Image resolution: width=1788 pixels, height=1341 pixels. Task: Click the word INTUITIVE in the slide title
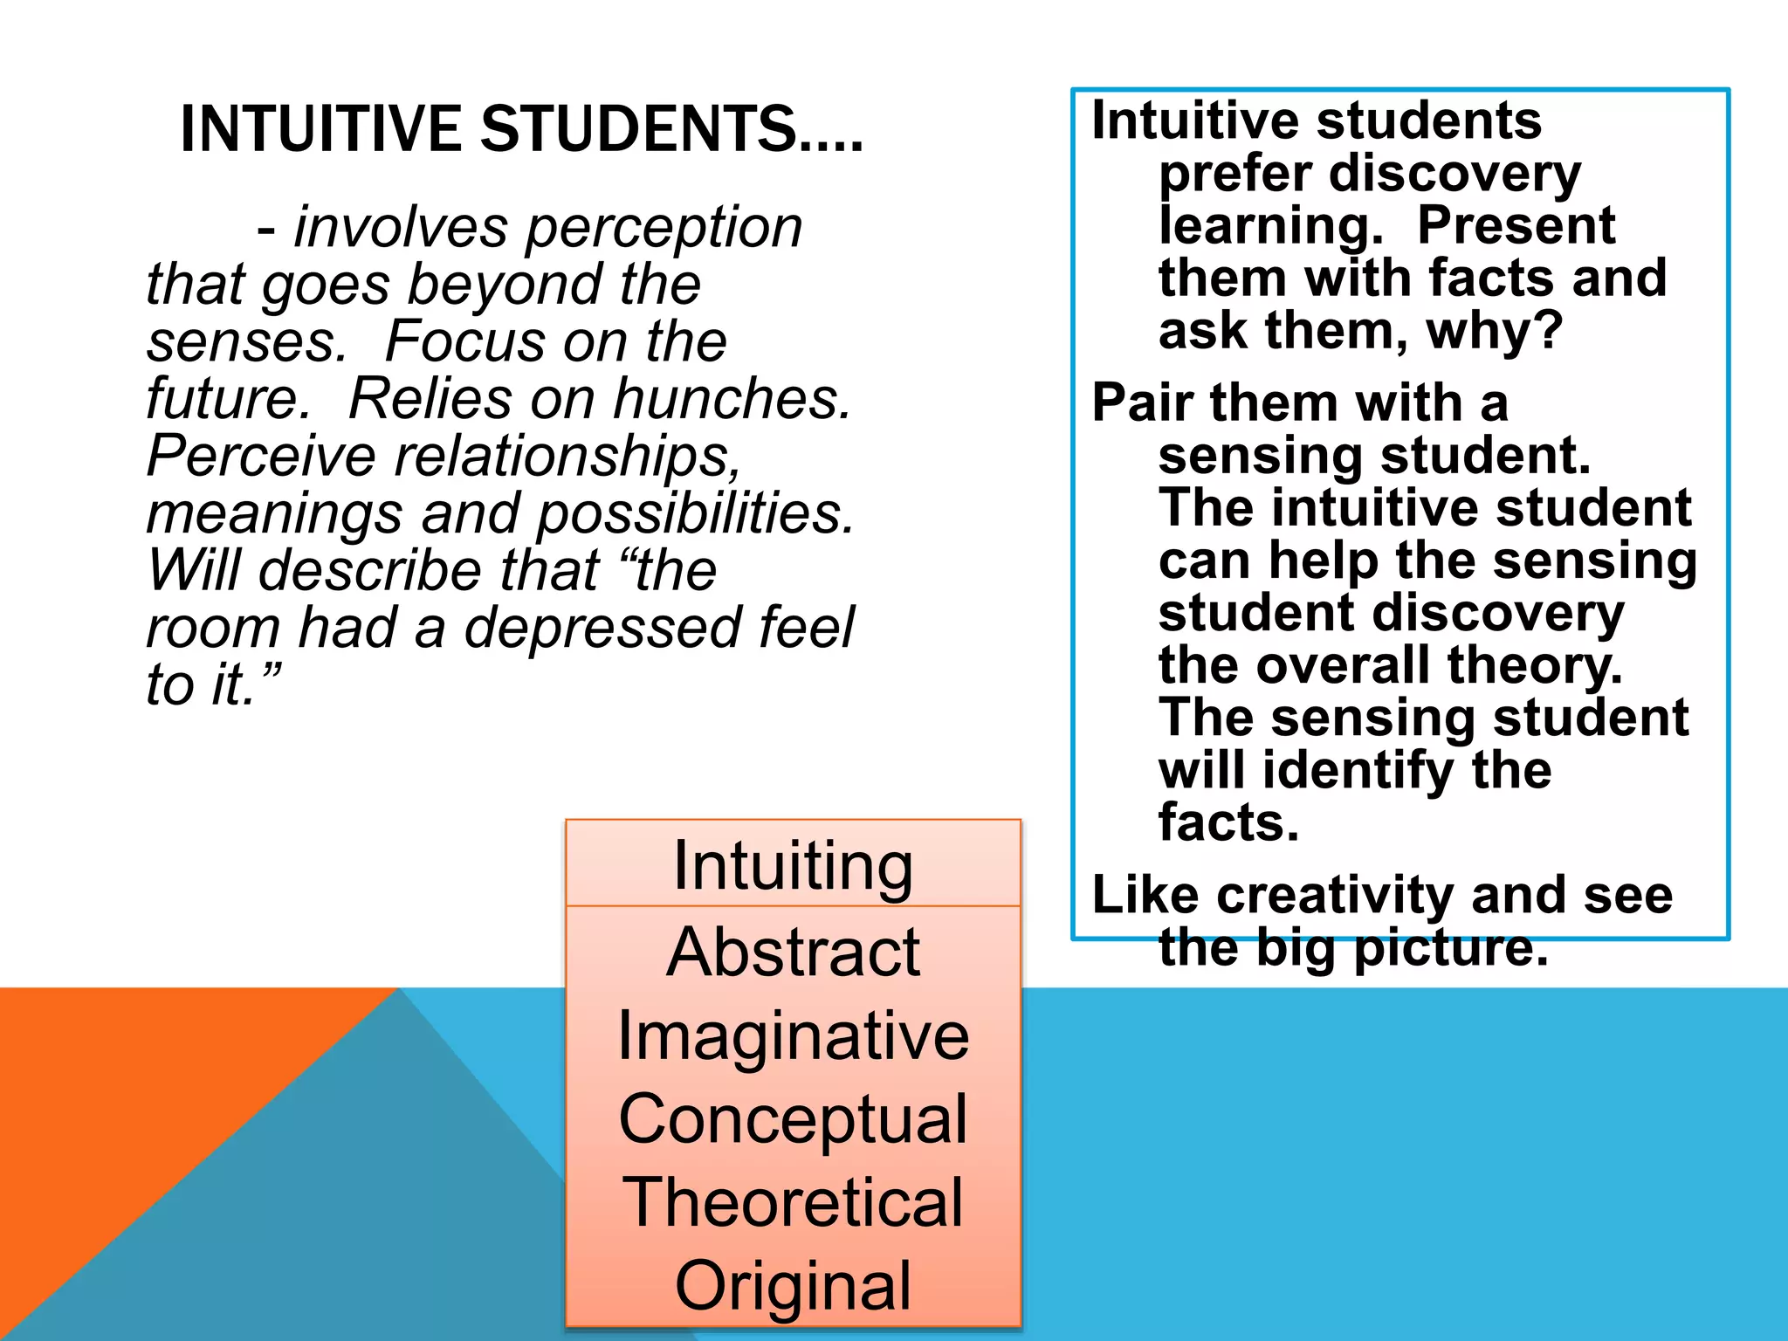[x=320, y=129]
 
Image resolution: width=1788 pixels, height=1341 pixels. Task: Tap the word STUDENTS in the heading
[x=637, y=129]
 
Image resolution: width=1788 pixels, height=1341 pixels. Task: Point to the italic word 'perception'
[x=664, y=228]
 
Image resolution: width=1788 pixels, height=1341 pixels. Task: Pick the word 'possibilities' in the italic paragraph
[x=695, y=513]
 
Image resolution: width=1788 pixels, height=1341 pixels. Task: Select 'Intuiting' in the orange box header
[x=793, y=865]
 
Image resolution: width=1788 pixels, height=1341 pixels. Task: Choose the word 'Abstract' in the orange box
[x=793, y=952]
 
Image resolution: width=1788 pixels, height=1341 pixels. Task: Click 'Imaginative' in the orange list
[x=793, y=1036]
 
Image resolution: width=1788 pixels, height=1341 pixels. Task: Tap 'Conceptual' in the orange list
[x=793, y=1119]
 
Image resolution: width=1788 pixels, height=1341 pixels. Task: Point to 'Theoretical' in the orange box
[x=793, y=1202]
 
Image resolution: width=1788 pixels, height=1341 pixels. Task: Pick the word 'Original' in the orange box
[x=793, y=1285]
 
